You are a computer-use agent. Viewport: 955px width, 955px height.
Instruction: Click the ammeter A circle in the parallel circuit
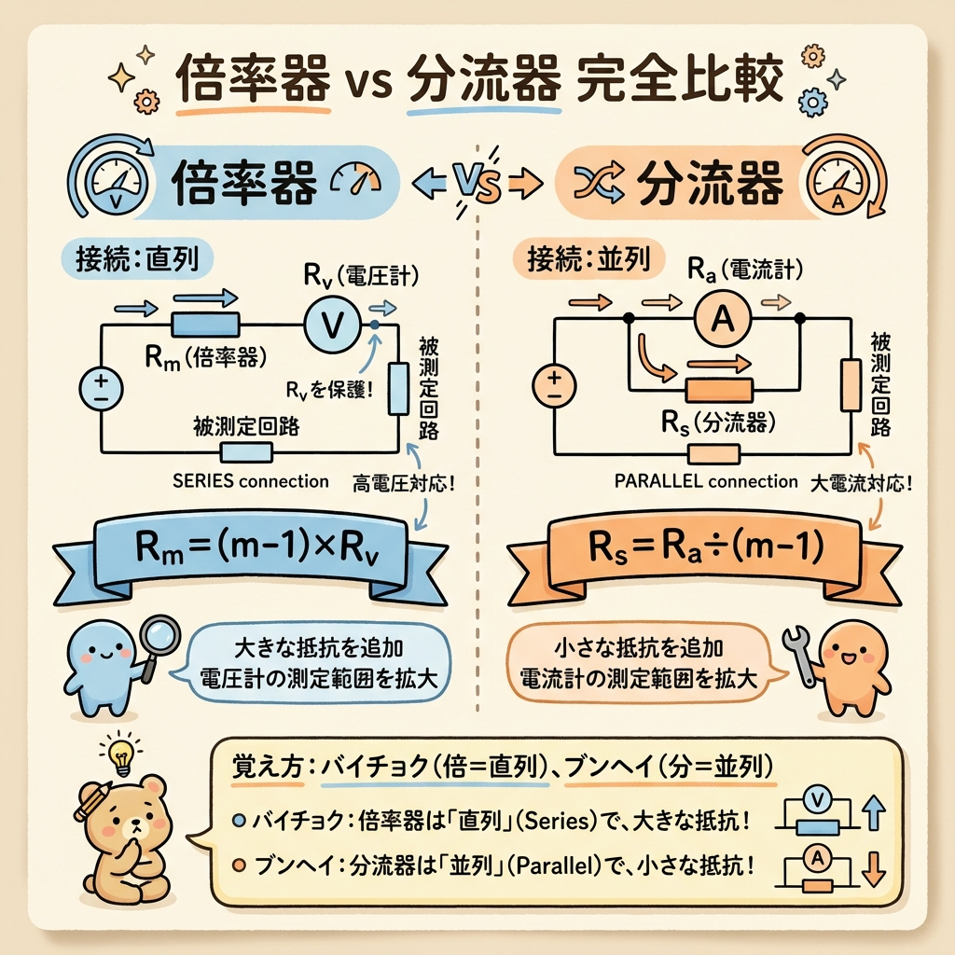coord(723,317)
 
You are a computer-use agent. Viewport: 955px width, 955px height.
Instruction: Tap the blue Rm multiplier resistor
coord(204,325)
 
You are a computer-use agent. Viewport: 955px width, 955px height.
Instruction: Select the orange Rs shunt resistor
coord(719,391)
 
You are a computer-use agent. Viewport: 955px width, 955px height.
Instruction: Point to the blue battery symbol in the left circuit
coord(101,389)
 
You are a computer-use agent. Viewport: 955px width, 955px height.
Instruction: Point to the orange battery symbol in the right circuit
coord(554,386)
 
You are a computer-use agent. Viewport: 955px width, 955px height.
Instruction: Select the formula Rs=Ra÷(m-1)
coord(705,546)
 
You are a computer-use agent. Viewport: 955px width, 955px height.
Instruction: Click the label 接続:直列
coord(138,259)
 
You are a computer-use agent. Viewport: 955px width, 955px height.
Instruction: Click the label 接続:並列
coord(589,259)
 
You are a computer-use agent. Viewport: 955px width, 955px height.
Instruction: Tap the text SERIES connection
coord(250,481)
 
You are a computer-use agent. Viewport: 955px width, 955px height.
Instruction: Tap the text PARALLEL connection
coord(706,481)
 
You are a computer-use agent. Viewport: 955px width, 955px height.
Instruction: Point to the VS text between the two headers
coord(477,183)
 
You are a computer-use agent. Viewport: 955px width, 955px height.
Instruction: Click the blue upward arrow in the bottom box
coord(875,812)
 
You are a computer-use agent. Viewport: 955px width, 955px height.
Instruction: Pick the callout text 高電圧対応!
coord(403,485)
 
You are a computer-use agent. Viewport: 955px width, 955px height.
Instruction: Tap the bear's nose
coord(134,825)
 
